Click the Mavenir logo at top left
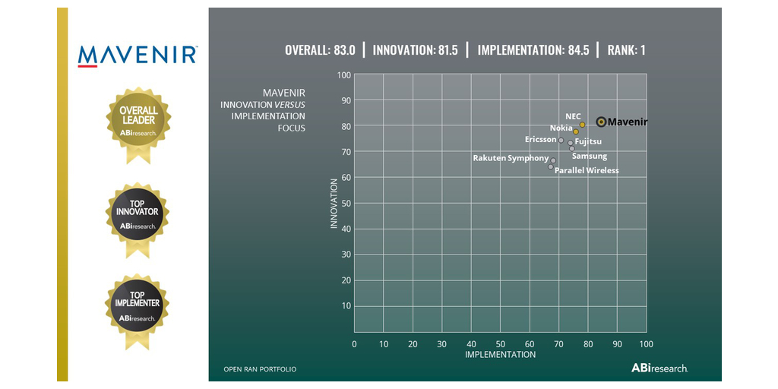[138, 55]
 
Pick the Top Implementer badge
[137, 307]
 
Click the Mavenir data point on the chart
[601, 122]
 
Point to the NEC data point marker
[582, 125]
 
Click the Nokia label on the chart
[561, 128]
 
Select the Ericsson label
[540, 140]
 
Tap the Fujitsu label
[588, 141]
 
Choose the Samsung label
[590, 156]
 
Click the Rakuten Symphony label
[511, 158]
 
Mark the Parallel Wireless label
[587, 170]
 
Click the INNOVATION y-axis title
[334, 204]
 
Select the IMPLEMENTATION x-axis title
[500, 355]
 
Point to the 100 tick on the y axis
[343, 74]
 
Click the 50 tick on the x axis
[500, 344]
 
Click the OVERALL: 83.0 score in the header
[320, 51]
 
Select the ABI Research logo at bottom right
[659, 368]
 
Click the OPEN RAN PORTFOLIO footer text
[260, 369]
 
